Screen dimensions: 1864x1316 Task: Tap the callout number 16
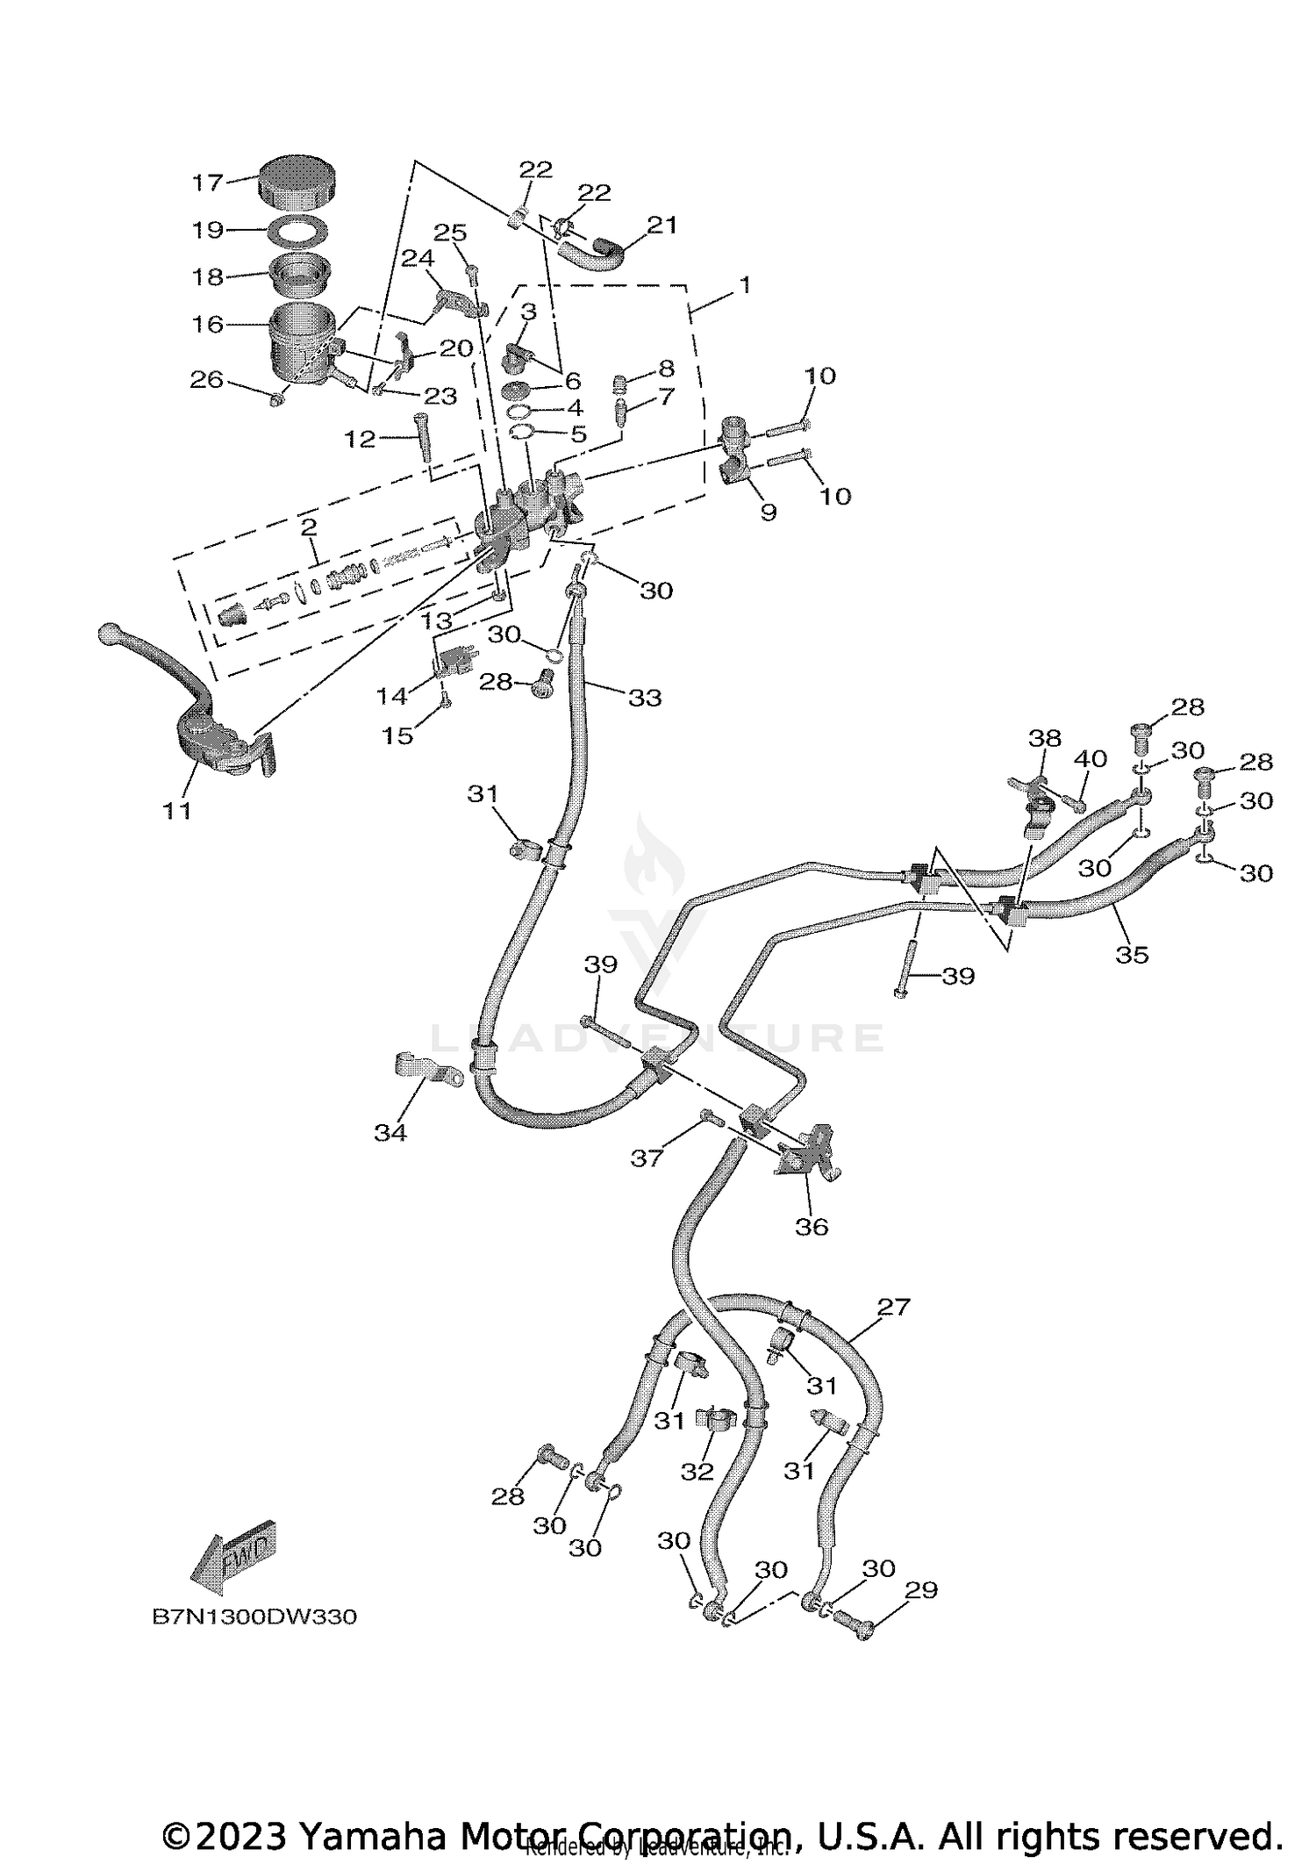[x=208, y=325]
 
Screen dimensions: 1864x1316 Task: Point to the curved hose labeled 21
[x=591, y=254]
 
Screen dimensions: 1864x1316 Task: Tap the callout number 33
[x=645, y=698]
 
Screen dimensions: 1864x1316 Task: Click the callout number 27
[x=894, y=1307]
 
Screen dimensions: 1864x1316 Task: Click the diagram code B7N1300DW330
[x=254, y=1617]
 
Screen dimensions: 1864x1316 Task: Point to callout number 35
[x=1132, y=954]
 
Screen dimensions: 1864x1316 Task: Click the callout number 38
[x=1044, y=737]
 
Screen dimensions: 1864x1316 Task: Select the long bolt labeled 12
[x=422, y=434]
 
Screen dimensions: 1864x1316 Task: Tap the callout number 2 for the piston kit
[x=308, y=527]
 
